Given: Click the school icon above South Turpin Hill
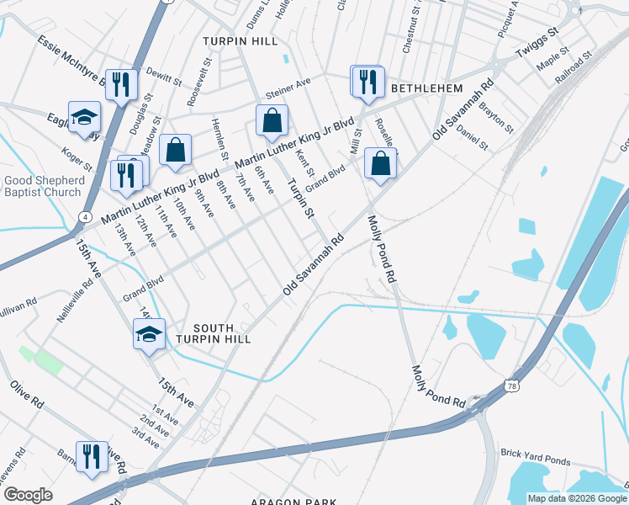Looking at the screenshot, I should pos(149,335).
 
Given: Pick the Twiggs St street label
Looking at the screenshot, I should pos(537,43).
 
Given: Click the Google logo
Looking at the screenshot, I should pos(29,495).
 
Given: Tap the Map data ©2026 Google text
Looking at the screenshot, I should pos(576,498).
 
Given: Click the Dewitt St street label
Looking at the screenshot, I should pos(164,77).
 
